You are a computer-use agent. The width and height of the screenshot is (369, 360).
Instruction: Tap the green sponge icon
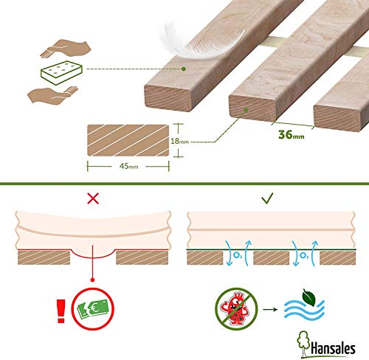coord(61,72)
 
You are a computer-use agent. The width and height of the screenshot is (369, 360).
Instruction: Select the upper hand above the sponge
coord(66,49)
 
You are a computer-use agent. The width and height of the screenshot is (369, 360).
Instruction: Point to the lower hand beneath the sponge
coord(52,95)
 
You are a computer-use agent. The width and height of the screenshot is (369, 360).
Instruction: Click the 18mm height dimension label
coord(180,141)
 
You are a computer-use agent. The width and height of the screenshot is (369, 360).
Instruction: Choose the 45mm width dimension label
coord(128,167)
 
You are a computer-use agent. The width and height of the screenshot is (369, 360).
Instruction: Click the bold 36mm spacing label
coord(292,135)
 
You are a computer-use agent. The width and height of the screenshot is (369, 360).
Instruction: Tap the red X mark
coord(93,198)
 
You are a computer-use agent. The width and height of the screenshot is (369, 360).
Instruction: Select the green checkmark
coord(267,198)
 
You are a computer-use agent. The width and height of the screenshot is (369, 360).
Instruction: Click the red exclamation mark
coord(61,311)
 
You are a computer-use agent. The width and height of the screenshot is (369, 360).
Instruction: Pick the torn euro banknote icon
coord(93,308)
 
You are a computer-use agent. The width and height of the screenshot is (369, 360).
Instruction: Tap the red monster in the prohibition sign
coord(235,308)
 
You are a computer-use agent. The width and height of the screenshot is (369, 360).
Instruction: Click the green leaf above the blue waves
coord(309,297)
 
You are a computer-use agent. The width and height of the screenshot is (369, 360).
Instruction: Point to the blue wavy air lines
coord(304,311)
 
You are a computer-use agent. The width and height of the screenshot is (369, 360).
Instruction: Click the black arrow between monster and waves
coord(270,309)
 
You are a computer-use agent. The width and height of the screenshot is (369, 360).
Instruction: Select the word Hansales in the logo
coord(333,348)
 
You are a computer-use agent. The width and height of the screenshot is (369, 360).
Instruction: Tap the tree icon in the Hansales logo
coord(303,344)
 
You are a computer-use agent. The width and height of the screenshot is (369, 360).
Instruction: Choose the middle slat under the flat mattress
coord(271,257)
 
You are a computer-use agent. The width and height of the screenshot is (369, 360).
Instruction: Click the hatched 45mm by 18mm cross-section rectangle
coord(128,140)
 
